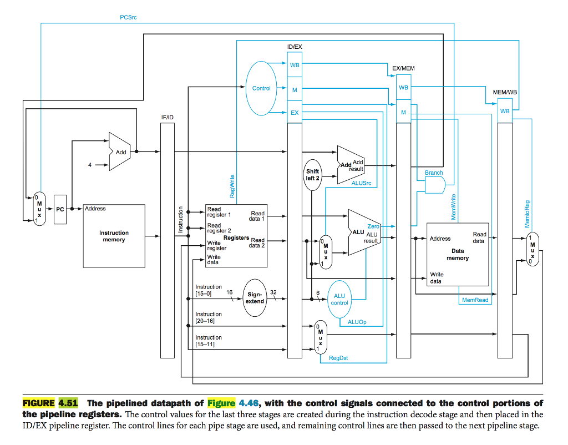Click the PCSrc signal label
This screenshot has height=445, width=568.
coord(128,17)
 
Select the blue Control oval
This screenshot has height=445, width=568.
coord(261,88)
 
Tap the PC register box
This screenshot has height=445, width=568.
coord(60,209)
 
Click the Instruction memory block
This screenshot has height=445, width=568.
coord(114,236)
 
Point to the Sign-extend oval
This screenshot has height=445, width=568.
coord(255,297)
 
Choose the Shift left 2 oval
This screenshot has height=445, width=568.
coord(313,175)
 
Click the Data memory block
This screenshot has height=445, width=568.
coord(457,253)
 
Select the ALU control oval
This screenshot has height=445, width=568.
coord(339,300)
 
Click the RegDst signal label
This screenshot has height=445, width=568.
coord(338,358)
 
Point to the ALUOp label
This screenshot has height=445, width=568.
coord(357,322)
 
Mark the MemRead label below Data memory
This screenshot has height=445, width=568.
coord(475,300)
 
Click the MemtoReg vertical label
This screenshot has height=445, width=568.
coord(528,214)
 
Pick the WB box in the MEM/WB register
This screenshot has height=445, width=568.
coord(505,111)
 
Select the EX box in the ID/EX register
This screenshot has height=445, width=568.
coord(295,113)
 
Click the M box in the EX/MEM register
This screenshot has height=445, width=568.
coord(403,113)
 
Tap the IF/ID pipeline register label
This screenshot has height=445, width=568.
coord(167,117)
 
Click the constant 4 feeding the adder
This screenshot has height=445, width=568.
coord(89,164)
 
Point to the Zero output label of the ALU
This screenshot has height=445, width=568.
coord(373,226)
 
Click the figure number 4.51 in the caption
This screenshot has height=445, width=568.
coord(68,403)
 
